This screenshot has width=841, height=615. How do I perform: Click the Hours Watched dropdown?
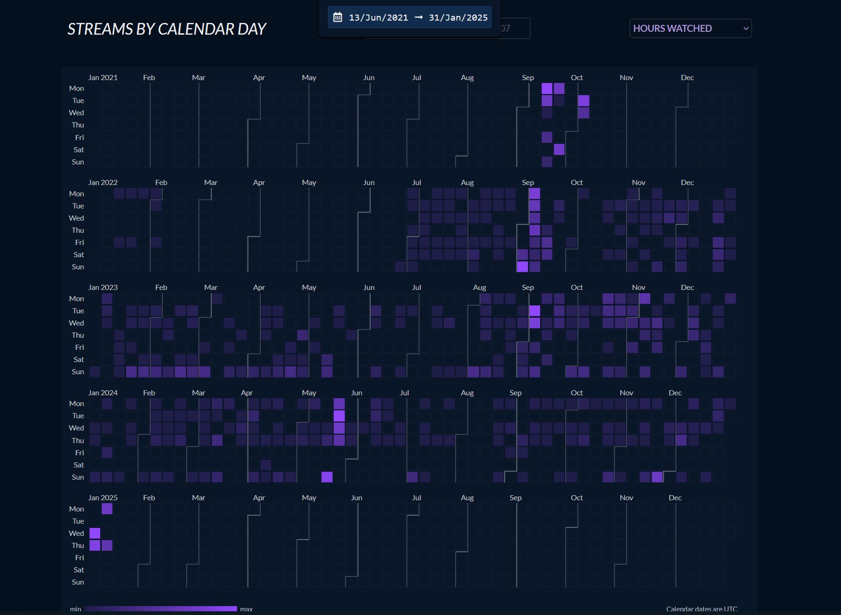tap(690, 29)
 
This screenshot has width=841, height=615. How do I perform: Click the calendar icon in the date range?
tap(337, 18)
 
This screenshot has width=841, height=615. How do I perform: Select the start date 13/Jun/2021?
tap(378, 18)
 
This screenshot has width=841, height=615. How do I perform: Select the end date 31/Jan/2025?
tap(458, 18)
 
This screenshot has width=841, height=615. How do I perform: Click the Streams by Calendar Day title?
tap(167, 29)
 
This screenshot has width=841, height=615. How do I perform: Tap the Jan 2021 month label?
tap(103, 78)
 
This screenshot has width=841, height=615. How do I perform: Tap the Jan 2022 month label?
tap(103, 183)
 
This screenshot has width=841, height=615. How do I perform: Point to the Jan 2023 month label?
tap(103, 288)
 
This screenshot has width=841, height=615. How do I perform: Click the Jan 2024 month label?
tap(103, 393)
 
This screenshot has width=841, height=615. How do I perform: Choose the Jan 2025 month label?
tap(103, 498)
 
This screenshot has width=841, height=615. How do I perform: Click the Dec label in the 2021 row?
tap(687, 78)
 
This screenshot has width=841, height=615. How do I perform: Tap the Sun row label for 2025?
tap(78, 582)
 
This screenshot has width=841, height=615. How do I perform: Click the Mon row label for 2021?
tap(76, 89)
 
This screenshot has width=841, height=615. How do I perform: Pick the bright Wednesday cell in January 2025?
tap(95, 533)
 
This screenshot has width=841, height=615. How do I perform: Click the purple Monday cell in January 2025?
tap(107, 509)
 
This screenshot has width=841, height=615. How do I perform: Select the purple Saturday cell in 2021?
tap(559, 149)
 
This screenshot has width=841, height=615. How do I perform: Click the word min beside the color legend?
tap(75, 609)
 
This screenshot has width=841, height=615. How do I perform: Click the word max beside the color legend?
tap(246, 609)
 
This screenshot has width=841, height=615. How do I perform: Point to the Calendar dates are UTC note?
tap(701, 609)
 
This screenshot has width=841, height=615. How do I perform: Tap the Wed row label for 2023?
tap(76, 323)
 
